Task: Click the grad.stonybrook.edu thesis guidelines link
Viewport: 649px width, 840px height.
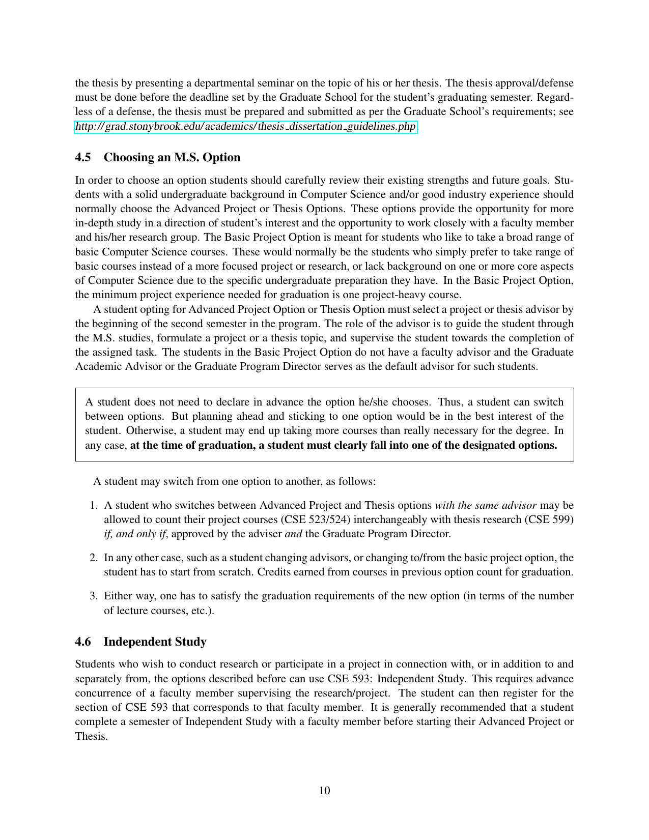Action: coord(246,126)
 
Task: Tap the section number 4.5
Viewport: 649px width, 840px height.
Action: coord(83,157)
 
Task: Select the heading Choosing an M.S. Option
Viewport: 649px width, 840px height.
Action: coord(172,157)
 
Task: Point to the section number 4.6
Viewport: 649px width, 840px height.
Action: coord(83,642)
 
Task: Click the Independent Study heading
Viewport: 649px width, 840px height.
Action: coord(155,642)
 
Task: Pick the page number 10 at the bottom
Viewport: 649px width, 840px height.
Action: coord(324,790)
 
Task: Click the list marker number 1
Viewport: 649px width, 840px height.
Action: coord(93,505)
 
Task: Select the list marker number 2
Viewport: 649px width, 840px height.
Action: coord(93,558)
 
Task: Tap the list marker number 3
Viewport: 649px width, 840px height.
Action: coord(93,596)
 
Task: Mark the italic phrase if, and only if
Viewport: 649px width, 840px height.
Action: coord(135,534)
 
